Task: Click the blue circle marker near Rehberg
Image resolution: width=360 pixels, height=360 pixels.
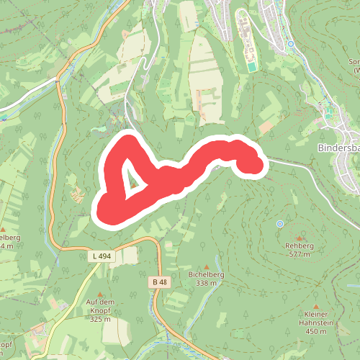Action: tap(280, 224)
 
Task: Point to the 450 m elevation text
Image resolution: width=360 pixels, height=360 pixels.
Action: tap(315, 332)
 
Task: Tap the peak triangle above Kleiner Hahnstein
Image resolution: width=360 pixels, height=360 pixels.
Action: tap(315, 305)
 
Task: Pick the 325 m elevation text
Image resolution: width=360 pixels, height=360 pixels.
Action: tap(100, 318)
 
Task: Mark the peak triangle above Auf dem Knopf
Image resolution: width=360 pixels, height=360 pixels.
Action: tap(100, 294)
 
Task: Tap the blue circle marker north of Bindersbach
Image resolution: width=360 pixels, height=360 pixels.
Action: tap(290, 44)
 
